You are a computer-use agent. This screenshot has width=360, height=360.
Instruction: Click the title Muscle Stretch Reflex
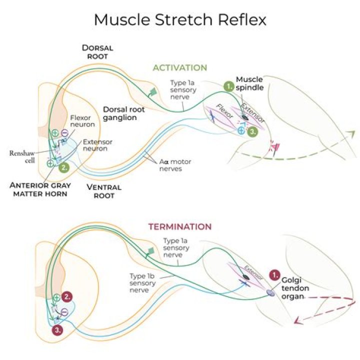[180, 20]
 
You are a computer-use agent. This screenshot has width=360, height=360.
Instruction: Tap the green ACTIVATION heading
[179, 67]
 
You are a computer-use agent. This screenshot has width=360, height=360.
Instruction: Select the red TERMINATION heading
[179, 227]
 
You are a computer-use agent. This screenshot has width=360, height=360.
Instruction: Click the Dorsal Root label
[98, 52]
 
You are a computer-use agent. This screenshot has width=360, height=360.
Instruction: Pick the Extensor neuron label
[97, 145]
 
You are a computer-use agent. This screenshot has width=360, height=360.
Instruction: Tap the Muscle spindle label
[249, 83]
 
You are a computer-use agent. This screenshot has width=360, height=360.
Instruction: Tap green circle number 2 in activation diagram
[63, 168]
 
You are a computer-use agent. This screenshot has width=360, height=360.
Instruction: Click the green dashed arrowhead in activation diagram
[351, 133]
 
